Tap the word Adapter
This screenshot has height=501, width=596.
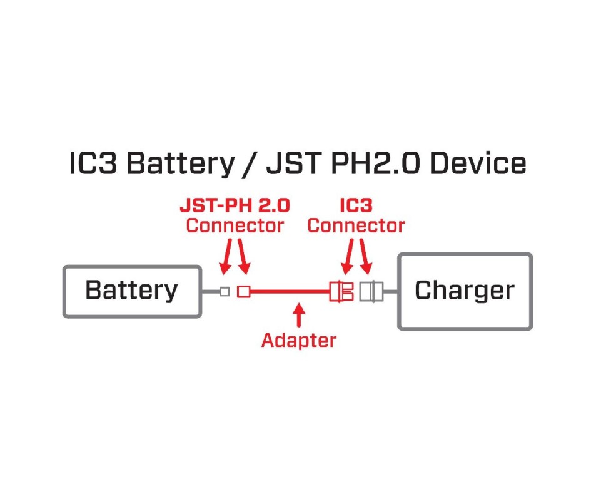pyautogui.click(x=299, y=341)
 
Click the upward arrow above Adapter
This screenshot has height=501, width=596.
pyautogui.click(x=300, y=315)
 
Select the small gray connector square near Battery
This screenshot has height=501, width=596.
pyautogui.click(x=225, y=292)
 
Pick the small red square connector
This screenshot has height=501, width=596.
pyautogui.click(x=244, y=292)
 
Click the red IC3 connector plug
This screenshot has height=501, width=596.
pyautogui.click(x=341, y=292)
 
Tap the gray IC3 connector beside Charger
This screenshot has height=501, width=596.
pyautogui.click(x=371, y=292)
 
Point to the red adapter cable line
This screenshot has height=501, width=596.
pyautogui.click(x=290, y=292)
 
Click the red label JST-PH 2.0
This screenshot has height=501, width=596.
pyautogui.click(x=235, y=205)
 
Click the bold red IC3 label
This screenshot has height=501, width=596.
pyautogui.click(x=356, y=205)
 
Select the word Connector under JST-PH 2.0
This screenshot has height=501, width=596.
pyautogui.click(x=235, y=225)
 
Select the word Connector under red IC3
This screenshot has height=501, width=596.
pyautogui.click(x=356, y=225)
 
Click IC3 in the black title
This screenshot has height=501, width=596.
pyautogui.click(x=93, y=163)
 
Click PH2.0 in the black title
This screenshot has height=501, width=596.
pyautogui.click(x=376, y=163)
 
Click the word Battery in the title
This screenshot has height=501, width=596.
pyautogui.click(x=181, y=164)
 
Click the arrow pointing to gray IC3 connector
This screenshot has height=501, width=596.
pyautogui.click(x=365, y=256)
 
